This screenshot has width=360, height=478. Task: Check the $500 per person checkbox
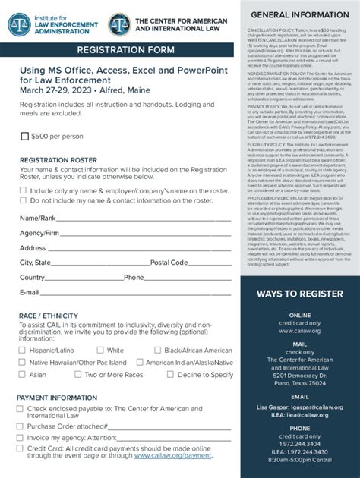[25, 137]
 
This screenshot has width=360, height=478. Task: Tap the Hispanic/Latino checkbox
[23, 351]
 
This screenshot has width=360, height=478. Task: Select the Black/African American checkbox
[158, 351]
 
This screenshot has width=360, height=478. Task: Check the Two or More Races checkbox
[78, 375]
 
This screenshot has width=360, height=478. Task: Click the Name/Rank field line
[144, 219]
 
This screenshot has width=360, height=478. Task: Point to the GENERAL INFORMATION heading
[300, 14]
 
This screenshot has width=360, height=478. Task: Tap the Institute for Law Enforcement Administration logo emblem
[20, 24]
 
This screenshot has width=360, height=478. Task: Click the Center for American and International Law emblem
[119, 24]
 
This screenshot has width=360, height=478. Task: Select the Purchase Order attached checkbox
[21, 426]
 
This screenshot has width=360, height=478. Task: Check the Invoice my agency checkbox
[21, 438]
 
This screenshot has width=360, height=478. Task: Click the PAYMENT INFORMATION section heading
[57, 398]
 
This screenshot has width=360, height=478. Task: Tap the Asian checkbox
[23, 375]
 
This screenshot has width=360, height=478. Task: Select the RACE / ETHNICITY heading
[49, 316]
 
